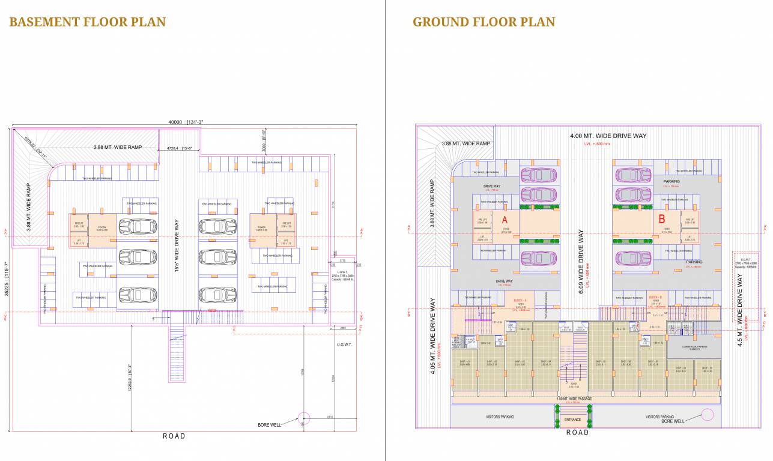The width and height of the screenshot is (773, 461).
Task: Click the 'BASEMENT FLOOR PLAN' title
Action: [x=87, y=22]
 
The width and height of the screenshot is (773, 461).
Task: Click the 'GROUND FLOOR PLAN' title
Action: [x=484, y=22]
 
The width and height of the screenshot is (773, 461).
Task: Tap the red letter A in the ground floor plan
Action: [x=505, y=220]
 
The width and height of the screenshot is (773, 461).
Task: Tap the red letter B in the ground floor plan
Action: [x=662, y=220]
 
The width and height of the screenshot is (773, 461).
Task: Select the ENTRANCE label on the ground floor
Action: [x=572, y=420]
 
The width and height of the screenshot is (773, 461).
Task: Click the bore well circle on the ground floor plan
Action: [x=708, y=414]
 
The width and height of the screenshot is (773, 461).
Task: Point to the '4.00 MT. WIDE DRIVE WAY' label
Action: [x=608, y=136]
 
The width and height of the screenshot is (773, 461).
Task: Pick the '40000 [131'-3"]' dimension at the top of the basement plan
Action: [x=186, y=122]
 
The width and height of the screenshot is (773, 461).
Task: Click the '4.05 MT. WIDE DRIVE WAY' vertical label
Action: [x=432, y=337]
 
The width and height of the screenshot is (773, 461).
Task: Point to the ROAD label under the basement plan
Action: [x=174, y=436]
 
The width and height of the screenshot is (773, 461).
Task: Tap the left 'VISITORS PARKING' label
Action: [x=500, y=417]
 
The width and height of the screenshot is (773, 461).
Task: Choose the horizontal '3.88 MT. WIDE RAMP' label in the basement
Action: [x=118, y=147]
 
